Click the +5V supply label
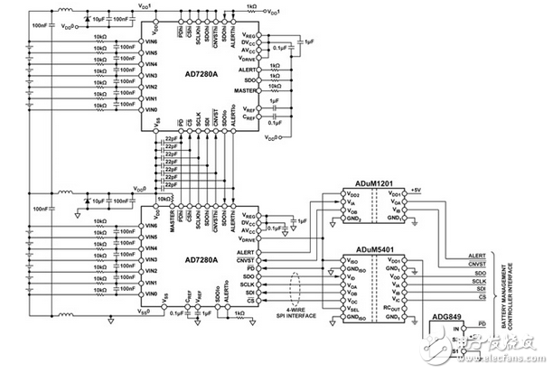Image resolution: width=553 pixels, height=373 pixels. [415, 190]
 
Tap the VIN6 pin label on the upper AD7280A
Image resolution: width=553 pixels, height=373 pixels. [152, 42]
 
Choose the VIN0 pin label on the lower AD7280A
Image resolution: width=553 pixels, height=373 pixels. [152, 294]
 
